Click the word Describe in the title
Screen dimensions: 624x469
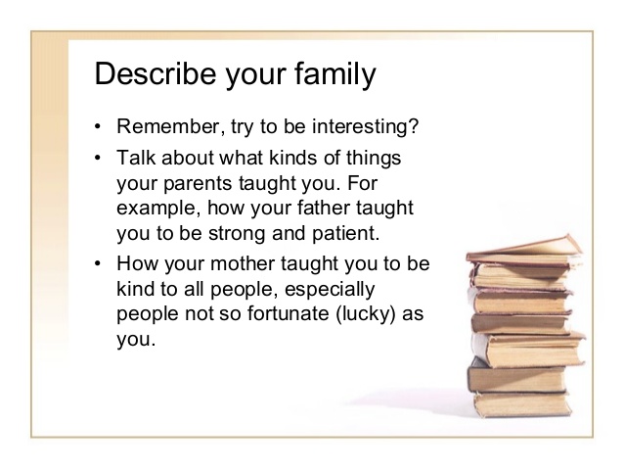tap(156, 73)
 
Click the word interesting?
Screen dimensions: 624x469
tap(366, 127)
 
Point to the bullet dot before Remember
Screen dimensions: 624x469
tap(98, 127)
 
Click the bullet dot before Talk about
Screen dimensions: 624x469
tap(98, 158)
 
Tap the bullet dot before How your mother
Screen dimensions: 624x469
tap(98, 263)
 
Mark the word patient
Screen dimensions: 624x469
tap(346, 234)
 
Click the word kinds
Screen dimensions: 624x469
tap(292, 158)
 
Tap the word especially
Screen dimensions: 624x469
tap(330, 290)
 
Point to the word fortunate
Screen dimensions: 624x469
tap(289, 313)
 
